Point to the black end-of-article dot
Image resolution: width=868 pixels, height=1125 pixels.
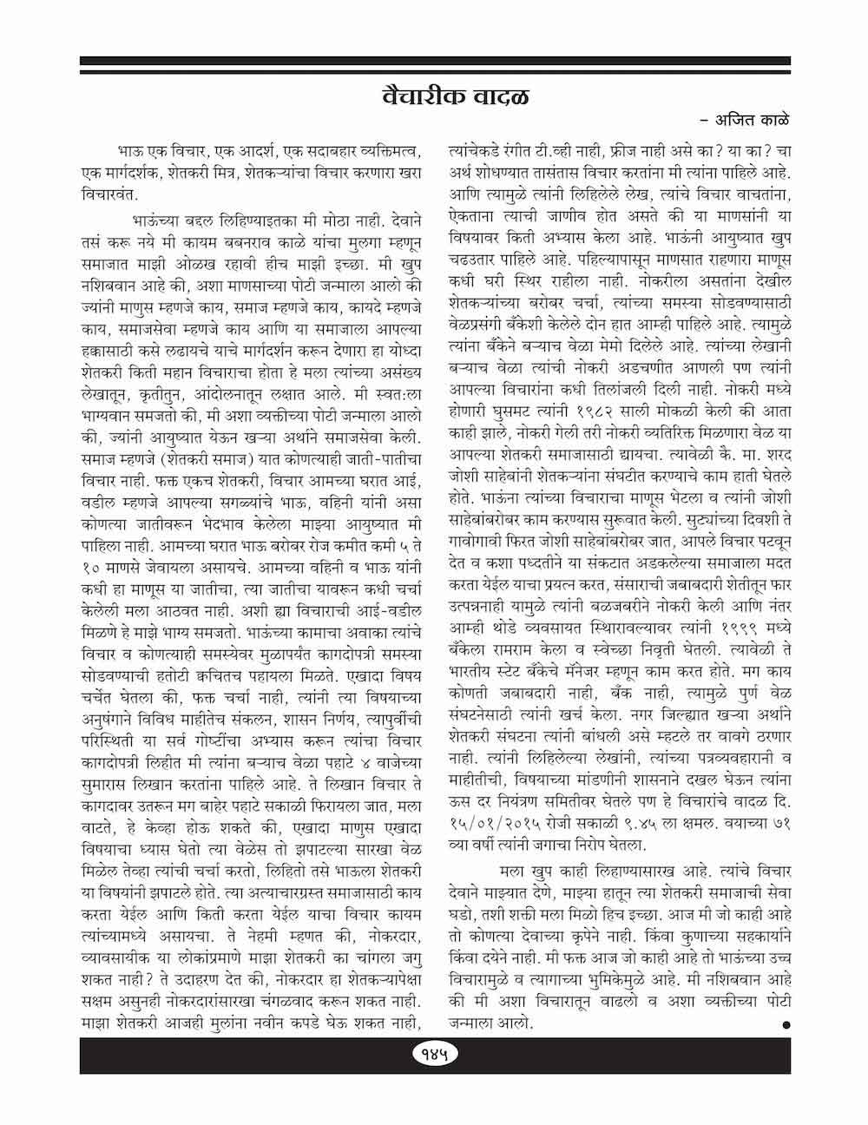(786, 1025)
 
